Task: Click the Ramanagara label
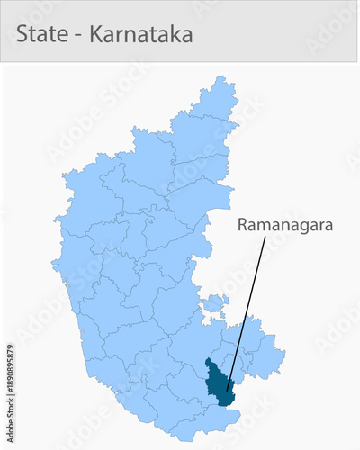tap(284, 225)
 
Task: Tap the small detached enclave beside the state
tap(214, 305)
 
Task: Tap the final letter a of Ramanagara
tap(328, 225)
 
